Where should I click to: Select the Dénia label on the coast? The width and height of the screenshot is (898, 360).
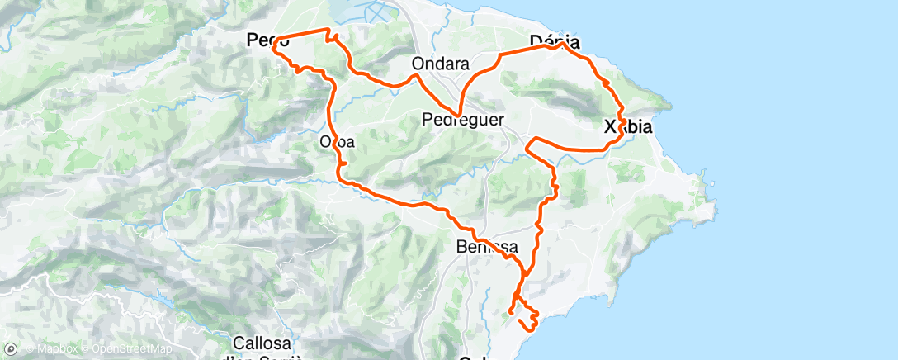554,41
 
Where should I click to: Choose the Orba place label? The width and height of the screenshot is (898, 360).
337,142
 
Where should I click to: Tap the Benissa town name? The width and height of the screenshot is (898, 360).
487,247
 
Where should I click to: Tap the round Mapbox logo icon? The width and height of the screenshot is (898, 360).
11,351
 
